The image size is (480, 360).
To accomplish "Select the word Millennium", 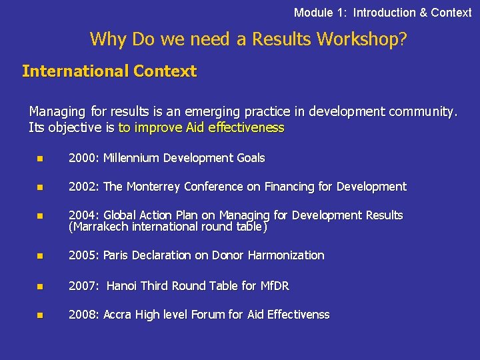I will [133, 158].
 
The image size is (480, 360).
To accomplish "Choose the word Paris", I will [118, 255].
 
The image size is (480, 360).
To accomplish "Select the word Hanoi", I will [121, 286].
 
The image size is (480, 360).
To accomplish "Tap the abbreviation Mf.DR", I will [274, 286].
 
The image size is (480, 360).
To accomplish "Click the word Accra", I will [118, 315].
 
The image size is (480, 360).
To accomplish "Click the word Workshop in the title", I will [361, 39].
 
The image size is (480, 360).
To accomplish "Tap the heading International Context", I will [109, 71].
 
